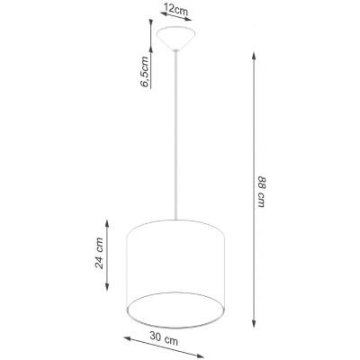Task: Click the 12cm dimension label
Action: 175,10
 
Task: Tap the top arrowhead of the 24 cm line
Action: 107,220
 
